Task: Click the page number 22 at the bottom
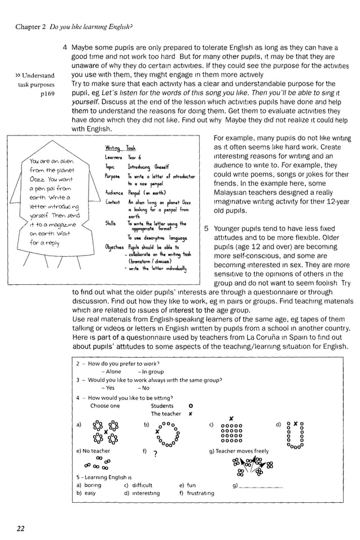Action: click(20, 528)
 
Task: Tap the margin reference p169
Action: click(47, 94)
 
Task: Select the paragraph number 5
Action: click(207, 229)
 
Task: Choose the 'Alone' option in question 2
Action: click(113, 372)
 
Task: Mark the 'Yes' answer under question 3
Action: click(109, 388)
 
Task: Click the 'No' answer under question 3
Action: click(146, 388)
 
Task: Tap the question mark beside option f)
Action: click(155, 453)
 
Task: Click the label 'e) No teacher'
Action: click(93, 451)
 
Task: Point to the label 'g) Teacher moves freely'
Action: click(239, 451)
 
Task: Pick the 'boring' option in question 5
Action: click(92, 485)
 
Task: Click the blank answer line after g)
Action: click(261, 486)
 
